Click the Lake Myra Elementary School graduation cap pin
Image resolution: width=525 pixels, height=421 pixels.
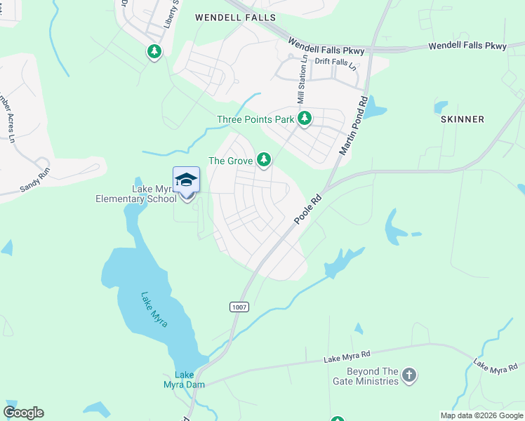point(186,181)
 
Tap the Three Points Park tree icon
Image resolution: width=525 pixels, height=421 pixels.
point(304,119)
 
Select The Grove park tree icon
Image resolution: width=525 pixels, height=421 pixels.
point(263,161)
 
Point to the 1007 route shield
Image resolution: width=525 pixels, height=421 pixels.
point(239,307)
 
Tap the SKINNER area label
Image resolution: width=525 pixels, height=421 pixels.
point(463,119)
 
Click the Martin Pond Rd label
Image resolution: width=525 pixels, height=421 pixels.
point(354,126)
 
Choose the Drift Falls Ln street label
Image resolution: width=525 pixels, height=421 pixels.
point(336,63)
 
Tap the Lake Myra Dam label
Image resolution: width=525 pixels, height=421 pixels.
point(184,380)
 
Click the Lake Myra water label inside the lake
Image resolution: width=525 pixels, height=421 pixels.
point(154,310)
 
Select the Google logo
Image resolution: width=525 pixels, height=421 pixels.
point(23,413)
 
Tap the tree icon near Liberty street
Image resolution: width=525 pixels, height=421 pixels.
point(154,51)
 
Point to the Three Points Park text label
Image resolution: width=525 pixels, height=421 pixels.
point(255,120)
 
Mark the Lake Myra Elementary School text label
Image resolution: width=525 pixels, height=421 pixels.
point(136,194)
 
